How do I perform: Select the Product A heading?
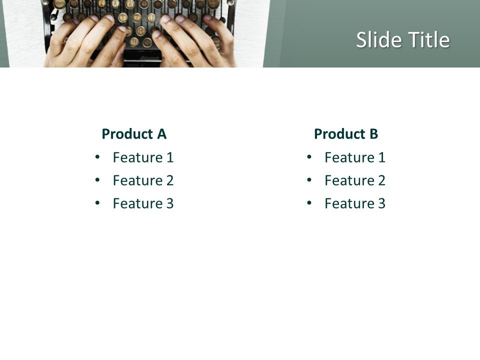(134, 134)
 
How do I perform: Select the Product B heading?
(346, 134)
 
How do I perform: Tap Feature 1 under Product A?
(143, 157)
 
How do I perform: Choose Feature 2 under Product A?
(143, 180)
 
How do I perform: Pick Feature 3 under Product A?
(143, 203)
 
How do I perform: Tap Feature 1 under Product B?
(355, 157)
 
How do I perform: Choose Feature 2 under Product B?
(355, 180)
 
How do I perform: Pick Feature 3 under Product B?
(355, 203)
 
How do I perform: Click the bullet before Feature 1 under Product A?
(97, 157)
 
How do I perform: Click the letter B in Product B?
(373, 134)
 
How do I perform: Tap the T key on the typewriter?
(123, 18)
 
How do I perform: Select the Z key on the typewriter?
(137, 18)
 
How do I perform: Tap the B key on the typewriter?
(134, 42)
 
